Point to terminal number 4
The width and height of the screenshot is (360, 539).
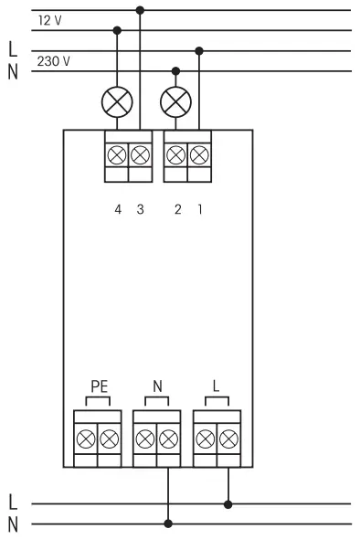coord(118,210)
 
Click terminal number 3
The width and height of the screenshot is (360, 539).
coord(139,210)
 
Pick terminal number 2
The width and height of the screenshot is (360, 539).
coord(177,210)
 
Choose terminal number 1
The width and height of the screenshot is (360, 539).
coord(199,210)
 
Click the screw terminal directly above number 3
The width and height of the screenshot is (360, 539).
coord(139,155)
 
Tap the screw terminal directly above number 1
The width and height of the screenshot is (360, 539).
coord(198,155)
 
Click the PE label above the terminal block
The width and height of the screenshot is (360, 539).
coord(99,386)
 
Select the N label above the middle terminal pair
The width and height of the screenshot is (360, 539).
coord(157,386)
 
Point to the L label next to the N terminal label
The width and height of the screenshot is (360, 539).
coord(217,386)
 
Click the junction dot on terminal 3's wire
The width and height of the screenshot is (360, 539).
coord(139,10)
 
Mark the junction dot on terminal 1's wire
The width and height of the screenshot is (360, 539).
coord(198,50)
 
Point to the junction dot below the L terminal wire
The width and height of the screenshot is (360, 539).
coord(228,502)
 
